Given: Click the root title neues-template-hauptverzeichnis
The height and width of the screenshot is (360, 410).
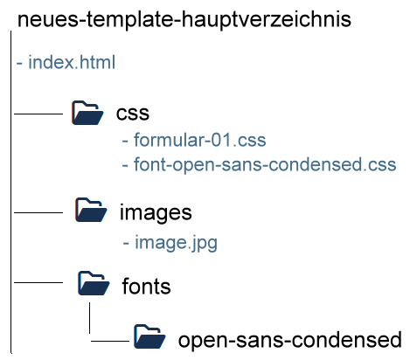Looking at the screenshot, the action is tap(184, 20).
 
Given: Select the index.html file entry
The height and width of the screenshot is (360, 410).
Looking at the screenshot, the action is tap(66, 62).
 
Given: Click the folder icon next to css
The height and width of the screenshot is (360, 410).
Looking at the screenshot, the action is tap(87, 113).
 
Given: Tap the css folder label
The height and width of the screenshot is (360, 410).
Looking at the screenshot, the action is tap(133, 114).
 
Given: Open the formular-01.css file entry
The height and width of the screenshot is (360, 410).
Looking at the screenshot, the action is tap(194, 140).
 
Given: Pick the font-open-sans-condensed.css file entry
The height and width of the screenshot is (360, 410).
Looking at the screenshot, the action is tap(259, 164).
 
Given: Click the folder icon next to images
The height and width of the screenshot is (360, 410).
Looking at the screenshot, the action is tap(91, 210).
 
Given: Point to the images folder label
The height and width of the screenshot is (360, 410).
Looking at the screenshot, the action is tap(156, 213).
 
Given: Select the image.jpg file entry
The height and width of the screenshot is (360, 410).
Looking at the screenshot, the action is tap(170, 243).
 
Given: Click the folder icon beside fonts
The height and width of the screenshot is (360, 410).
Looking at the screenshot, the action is tap(94, 283).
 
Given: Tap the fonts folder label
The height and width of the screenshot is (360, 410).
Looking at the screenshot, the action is tap(146, 286).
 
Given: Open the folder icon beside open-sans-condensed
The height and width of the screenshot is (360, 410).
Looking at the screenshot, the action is tap(149, 336).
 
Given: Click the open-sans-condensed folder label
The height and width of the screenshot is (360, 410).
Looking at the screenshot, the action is tap(290, 340).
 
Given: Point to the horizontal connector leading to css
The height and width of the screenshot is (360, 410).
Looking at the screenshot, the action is tap(38, 114).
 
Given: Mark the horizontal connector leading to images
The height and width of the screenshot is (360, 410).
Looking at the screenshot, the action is tap(38, 212).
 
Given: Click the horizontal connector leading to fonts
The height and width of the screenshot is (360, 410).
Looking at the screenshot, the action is tap(38, 282).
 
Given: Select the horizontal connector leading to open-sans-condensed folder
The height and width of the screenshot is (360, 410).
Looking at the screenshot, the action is tap(110, 341).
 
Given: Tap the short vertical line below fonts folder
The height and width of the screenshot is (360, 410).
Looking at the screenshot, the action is tap(89, 318).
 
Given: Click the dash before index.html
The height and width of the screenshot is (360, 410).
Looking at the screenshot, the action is tap(19, 63).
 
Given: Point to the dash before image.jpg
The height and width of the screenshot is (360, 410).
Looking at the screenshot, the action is tap(126, 243).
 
